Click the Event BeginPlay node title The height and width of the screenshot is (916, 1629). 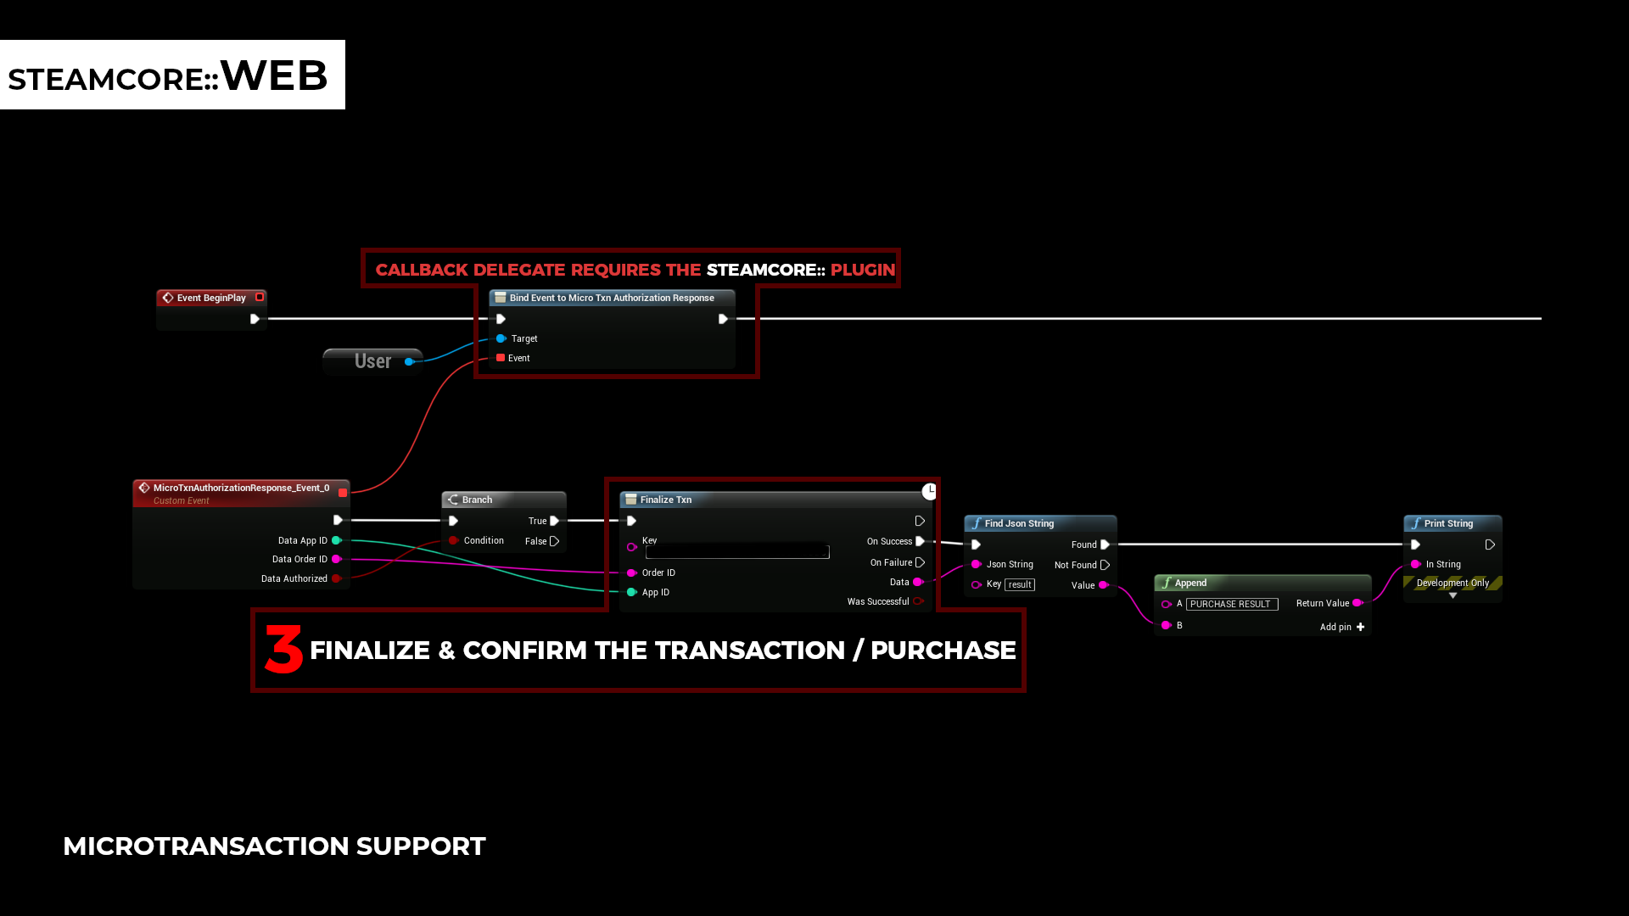pyautogui.click(x=210, y=298)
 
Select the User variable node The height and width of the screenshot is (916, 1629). pyautogui.click(x=372, y=361)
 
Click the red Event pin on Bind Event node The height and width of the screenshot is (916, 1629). pyautogui.click(x=501, y=358)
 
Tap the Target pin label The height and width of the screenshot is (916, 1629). pyautogui.click(x=524, y=338)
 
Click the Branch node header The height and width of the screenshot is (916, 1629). pyautogui.click(x=477, y=500)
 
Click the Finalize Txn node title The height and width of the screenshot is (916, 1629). pyautogui.click(x=665, y=500)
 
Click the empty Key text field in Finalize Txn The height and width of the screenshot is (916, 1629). pyautogui.click(x=736, y=552)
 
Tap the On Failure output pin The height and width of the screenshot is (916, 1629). pyautogui.click(x=920, y=562)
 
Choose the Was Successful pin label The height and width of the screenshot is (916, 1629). pyautogui.click(x=877, y=601)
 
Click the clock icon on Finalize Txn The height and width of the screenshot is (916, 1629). pyautogui.click(x=930, y=491)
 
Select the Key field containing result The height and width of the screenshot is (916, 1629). pyautogui.click(x=1019, y=584)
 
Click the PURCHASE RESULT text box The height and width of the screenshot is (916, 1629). pyautogui.click(x=1231, y=604)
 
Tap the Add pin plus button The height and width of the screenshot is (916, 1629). pyautogui.click(x=1360, y=627)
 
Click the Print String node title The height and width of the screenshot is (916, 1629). pyautogui.click(x=1447, y=523)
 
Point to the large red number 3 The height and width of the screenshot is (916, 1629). pyautogui.click(x=283, y=650)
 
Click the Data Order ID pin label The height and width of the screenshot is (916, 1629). pyautogui.click(x=299, y=559)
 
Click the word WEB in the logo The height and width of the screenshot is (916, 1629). pyautogui.click(x=273, y=75)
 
